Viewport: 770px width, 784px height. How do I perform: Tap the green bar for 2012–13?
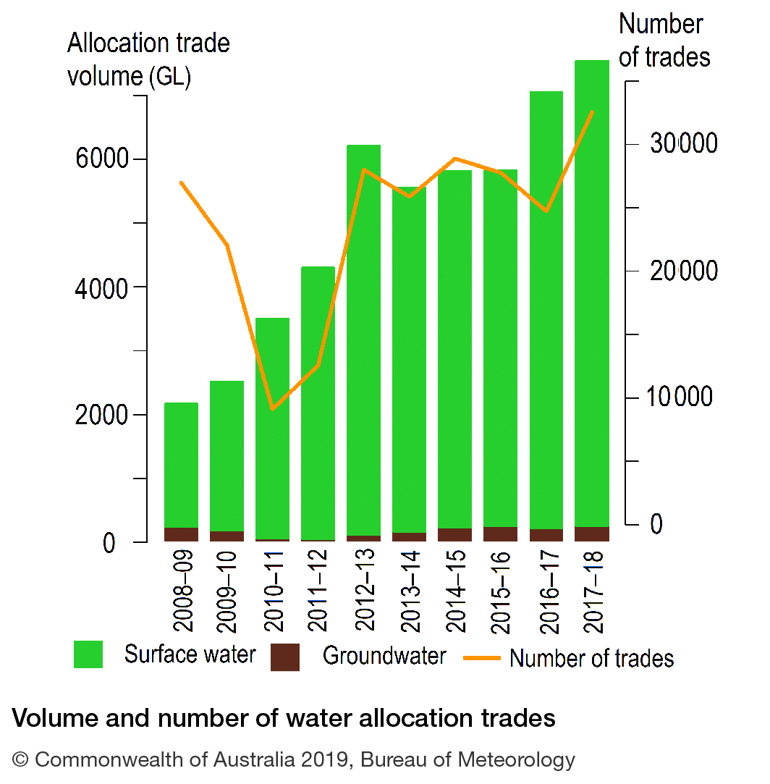click(363, 340)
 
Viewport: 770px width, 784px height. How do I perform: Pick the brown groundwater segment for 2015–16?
click(500, 534)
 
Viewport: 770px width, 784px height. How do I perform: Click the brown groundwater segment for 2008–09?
click(181, 534)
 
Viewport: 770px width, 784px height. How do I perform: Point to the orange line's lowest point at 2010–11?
click(272, 409)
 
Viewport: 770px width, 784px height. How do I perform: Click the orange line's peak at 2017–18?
click(592, 111)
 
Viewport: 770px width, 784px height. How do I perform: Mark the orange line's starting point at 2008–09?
click(181, 182)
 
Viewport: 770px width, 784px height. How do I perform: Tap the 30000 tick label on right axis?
click(684, 144)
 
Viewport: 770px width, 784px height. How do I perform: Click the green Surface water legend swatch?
click(88, 654)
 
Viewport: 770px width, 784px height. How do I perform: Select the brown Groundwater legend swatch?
click(285, 657)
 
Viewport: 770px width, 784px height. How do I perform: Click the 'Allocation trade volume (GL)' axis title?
click(148, 59)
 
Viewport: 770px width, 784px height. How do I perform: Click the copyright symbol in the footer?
click(21, 760)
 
